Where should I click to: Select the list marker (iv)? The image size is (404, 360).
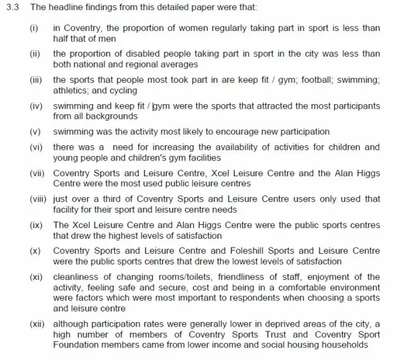tap(37, 105)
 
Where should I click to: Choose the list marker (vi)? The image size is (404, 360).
tap(37, 147)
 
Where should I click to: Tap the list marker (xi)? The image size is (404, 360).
tap(37, 277)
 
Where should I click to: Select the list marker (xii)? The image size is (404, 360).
tap(38, 324)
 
